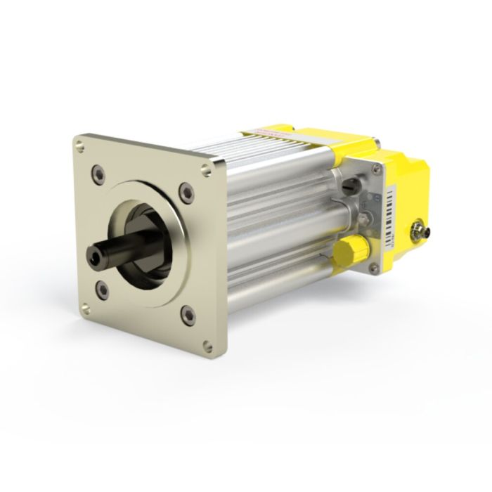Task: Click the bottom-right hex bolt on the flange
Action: pyautogui.click(x=187, y=313)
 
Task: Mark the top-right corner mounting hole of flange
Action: pyautogui.click(x=205, y=169)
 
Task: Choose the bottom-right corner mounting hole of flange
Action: pyautogui.click(x=206, y=344)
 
